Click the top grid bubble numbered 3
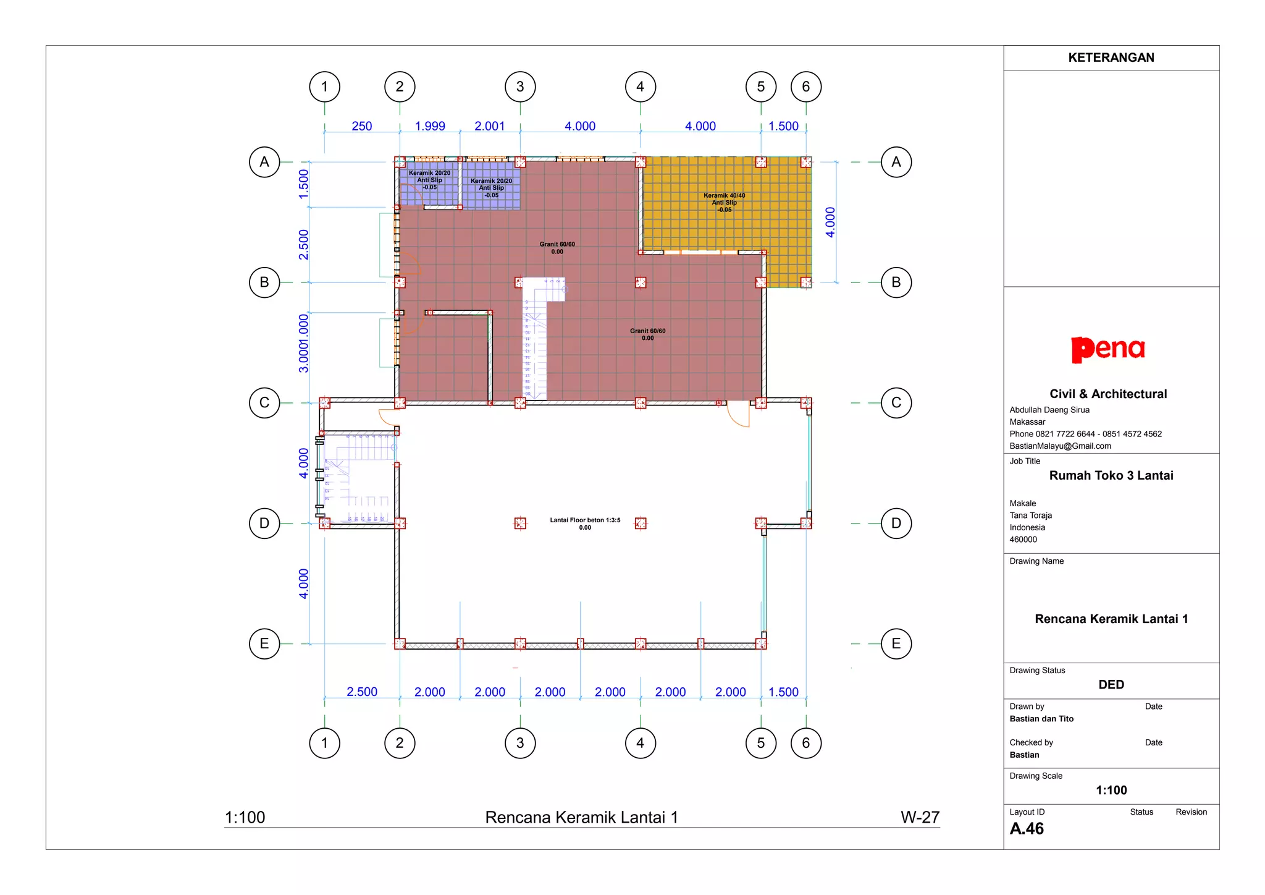click(520, 87)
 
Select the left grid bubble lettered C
click(264, 403)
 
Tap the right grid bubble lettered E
click(896, 643)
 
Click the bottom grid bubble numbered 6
click(806, 743)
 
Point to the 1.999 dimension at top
click(430, 126)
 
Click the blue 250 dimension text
click(362, 126)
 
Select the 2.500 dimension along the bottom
click(362, 692)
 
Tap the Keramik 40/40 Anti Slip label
click(725, 202)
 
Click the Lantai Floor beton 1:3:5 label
click(585, 524)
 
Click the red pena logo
click(1108, 349)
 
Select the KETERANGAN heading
click(1111, 57)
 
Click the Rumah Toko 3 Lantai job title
click(1111, 475)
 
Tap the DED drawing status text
click(1111, 684)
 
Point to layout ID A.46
click(1027, 829)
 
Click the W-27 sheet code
click(920, 817)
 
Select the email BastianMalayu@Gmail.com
click(1060, 446)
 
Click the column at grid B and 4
click(641, 282)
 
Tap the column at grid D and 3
click(520, 524)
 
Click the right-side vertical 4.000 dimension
click(830, 222)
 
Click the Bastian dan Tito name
click(1041, 719)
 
